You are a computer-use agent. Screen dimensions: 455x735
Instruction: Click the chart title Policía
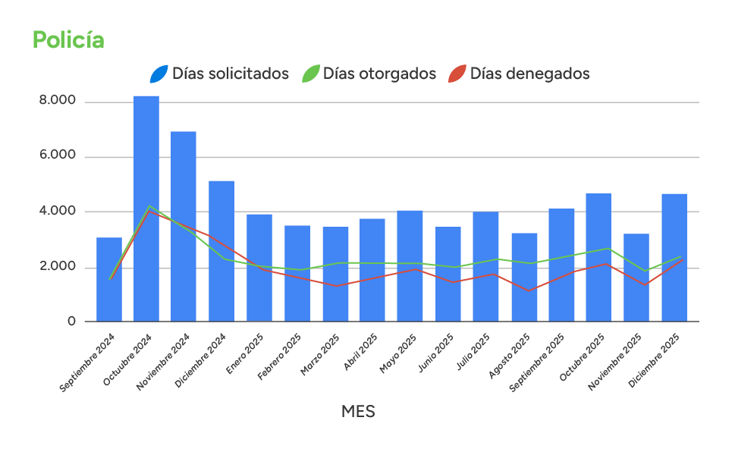(68, 40)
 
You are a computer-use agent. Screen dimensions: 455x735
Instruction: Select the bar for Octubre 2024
(146, 209)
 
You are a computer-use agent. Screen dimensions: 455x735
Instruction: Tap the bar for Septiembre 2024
(109, 279)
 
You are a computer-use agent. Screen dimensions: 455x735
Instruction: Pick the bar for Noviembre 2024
(184, 226)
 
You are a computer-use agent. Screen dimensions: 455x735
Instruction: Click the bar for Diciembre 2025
(674, 257)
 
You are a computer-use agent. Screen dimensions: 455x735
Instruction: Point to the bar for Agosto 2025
(523, 277)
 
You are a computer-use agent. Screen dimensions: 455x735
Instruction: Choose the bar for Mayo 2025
(410, 265)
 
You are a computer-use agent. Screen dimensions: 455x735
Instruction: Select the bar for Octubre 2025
(598, 257)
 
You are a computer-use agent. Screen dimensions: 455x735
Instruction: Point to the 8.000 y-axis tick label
(58, 101)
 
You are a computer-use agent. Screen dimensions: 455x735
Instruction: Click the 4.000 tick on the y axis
(58, 211)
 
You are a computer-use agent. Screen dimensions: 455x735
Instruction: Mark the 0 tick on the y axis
(71, 322)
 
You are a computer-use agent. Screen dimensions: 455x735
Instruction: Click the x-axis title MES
(358, 412)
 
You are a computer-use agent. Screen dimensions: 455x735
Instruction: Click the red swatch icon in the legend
(457, 74)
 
